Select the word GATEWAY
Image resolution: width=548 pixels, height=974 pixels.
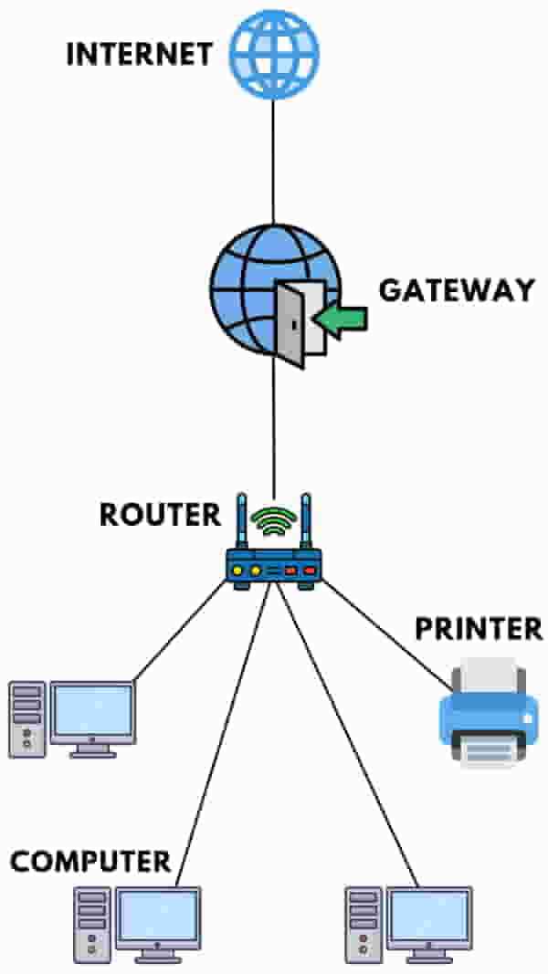[x=456, y=290]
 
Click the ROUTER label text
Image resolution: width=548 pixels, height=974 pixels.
[x=160, y=514]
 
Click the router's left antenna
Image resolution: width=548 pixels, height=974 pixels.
[x=242, y=525]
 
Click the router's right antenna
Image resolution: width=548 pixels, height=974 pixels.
[x=306, y=525]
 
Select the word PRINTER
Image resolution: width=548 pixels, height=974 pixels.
[x=479, y=629]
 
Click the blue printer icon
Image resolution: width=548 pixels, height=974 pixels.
[x=490, y=712]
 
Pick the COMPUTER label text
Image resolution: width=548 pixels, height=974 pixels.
[x=90, y=861]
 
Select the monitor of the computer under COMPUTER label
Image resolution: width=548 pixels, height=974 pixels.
[x=159, y=920]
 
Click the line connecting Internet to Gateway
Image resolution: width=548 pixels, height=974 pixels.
[x=273, y=155]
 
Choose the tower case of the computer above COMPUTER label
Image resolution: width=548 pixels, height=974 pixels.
[x=26, y=718]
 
